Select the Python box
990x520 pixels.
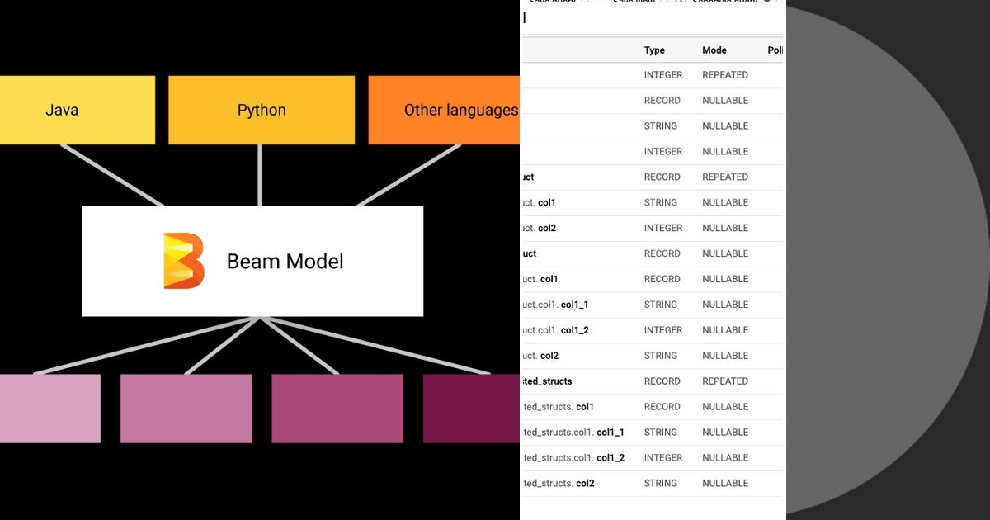point(262,110)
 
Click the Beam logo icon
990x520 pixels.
point(183,261)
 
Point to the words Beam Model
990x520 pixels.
point(285,262)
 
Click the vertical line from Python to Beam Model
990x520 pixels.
point(260,175)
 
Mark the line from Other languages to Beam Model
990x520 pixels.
point(408,175)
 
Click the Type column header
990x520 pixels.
point(654,50)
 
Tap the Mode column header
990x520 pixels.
point(714,50)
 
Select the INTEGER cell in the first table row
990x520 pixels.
point(662,75)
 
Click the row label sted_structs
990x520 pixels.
point(548,381)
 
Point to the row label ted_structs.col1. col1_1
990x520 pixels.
point(573,433)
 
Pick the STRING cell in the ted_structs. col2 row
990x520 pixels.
point(660,484)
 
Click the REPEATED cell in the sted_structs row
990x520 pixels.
point(724,381)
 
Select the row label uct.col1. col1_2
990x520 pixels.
point(556,330)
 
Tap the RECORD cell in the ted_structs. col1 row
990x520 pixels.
point(662,407)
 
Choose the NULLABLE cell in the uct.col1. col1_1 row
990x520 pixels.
point(724,305)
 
